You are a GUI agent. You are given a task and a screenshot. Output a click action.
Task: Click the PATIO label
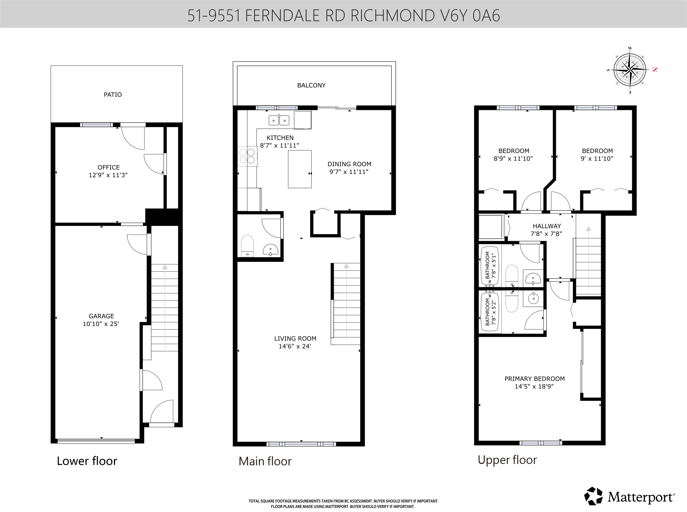pyautogui.click(x=113, y=95)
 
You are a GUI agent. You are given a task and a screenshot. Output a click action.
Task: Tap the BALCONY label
pyautogui.click(x=311, y=85)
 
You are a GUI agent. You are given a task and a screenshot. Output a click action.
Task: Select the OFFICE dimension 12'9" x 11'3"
pyautogui.click(x=108, y=175)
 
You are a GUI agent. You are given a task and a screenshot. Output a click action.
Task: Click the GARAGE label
pyautogui.click(x=101, y=316)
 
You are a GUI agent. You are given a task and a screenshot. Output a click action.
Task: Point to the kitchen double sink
pyautogui.click(x=279, y=120)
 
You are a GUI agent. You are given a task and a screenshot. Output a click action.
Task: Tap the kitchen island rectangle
pyautogui.click(x=300, y=169)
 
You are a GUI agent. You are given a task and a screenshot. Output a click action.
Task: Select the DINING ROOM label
pyautogui.click(x=349, y=164)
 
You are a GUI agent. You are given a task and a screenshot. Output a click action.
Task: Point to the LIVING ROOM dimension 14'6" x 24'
pyautogui.click(x=295, y=346)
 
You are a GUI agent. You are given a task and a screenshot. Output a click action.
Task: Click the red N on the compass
pyautogui.click(x=654, y=69)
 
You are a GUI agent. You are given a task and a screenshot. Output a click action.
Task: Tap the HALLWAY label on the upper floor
pyautogui.click(x=547, y=226)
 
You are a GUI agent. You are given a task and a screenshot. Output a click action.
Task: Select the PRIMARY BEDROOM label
pyautogui.click(x=534, y=379)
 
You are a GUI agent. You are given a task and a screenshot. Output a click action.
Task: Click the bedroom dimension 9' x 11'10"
pyautogui.click(x=597, y=159)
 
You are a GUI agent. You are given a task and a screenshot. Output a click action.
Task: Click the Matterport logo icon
pyautogui.click(x=593, y=496)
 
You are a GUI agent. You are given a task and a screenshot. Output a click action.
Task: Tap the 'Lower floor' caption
pyautogui.click(x=87, y=461)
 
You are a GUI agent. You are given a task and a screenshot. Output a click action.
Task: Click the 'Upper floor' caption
pyautogui.click(x=507, y=460)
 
